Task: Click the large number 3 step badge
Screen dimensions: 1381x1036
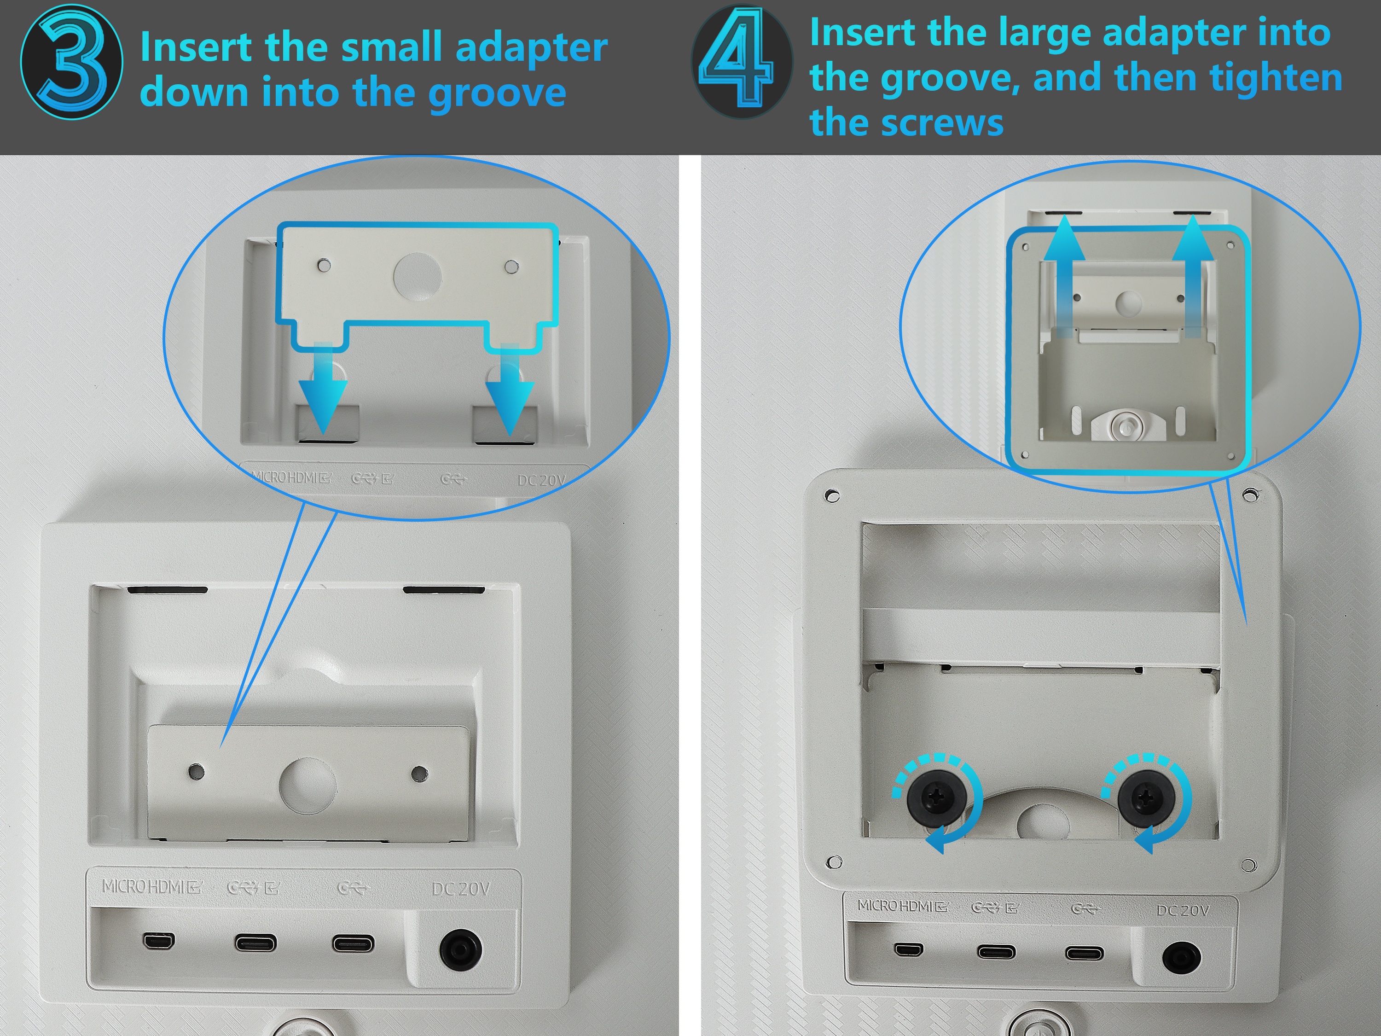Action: (72, 61)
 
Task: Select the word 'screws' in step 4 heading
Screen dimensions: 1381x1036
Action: (941, 123)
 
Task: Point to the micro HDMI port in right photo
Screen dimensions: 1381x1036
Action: (909, 950)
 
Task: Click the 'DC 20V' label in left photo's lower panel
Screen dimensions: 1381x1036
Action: (461, 889)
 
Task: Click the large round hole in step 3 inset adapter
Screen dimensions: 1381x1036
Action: (418, 275)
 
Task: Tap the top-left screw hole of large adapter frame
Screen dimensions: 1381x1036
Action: (832, 496)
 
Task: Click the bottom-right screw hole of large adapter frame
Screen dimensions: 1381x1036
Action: (1248, 866)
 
